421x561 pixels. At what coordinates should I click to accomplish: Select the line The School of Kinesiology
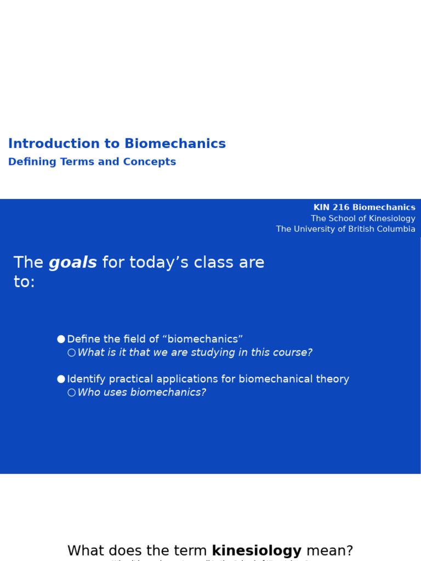(363, 219)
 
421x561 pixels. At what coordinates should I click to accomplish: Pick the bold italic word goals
(72, 263)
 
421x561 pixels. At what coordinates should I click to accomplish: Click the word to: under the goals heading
(24, 282)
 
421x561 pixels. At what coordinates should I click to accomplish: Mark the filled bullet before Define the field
(61, 340)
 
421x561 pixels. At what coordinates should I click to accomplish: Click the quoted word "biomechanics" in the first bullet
(202, 340)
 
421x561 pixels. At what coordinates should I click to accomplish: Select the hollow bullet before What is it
(71, 353)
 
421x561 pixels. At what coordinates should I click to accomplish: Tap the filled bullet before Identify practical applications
(61, 379)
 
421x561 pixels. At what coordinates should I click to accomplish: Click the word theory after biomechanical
(332, 379)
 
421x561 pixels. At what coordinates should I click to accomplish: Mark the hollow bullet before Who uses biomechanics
(71, 393)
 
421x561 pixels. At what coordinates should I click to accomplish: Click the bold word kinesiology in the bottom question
(257, 551)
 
